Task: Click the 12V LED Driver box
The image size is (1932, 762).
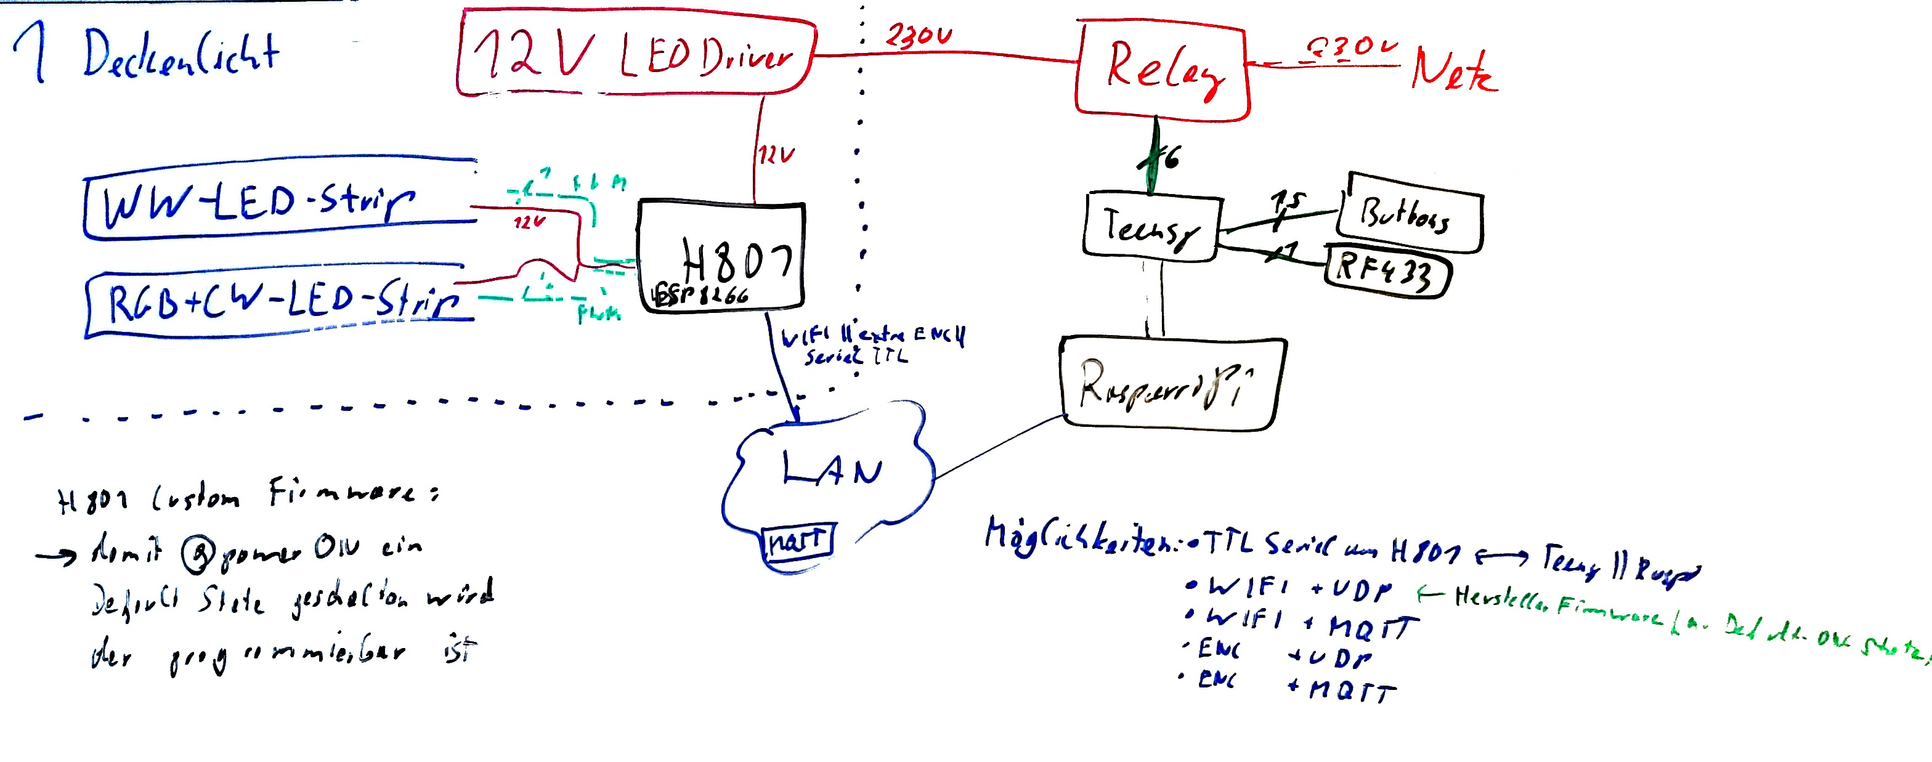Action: (x=636, y=54)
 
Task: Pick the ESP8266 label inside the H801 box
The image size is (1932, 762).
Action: (x=700, y=296)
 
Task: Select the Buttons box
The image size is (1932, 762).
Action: (x=1410, y=213)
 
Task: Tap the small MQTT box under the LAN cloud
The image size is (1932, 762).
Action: (x=797, y=541)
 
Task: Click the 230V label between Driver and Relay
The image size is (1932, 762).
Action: (x=918, y=35)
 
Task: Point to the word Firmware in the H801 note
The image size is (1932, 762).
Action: (x=341, y=493)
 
